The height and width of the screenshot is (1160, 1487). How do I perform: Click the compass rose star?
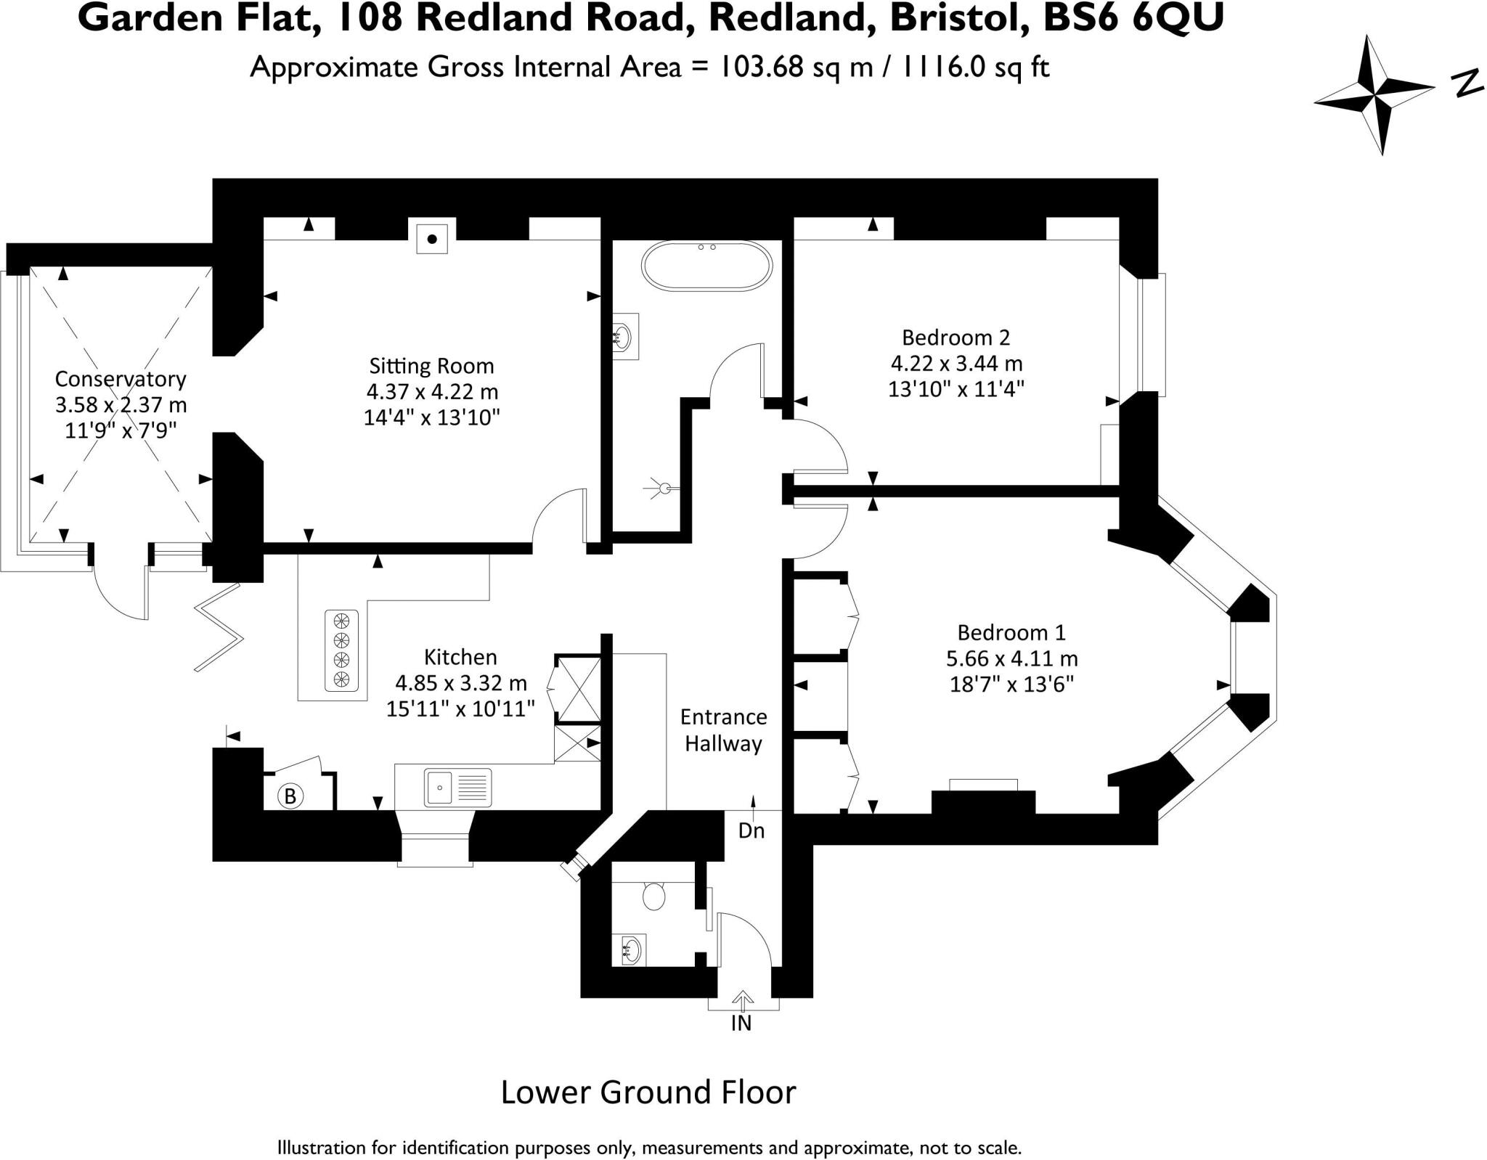coord(1374,95)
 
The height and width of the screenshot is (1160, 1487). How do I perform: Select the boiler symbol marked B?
coord(290,796)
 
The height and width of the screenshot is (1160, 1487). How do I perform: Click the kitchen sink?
coord(458,787)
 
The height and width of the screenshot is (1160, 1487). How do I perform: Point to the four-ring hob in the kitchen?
coord(341,650)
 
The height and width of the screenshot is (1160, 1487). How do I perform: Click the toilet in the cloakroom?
coord(654,896)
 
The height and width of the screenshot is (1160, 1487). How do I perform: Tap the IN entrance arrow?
coord(742,1002)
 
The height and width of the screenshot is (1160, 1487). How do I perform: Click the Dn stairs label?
coord(751,830)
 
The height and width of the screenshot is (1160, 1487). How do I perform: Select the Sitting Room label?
coord(431,365)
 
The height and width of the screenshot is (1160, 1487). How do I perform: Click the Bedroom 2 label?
coord(956,337)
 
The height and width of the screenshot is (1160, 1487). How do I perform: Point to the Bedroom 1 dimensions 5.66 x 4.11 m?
coord(1011,658)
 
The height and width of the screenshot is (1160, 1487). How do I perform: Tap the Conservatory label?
coord(121,379)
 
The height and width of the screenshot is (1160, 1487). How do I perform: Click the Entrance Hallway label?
coord(723,730)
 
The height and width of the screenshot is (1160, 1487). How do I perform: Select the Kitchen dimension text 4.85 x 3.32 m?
coord(460,683)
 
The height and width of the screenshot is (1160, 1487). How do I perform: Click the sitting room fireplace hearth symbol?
coord(432,239)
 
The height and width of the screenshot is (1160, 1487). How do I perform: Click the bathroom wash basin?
coord(624,337)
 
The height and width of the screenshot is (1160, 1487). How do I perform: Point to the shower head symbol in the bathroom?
coord(662,488)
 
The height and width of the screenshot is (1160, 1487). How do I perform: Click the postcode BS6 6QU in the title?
coord(1133,18)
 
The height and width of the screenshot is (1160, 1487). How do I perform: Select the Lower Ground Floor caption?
coord(648,1092)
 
